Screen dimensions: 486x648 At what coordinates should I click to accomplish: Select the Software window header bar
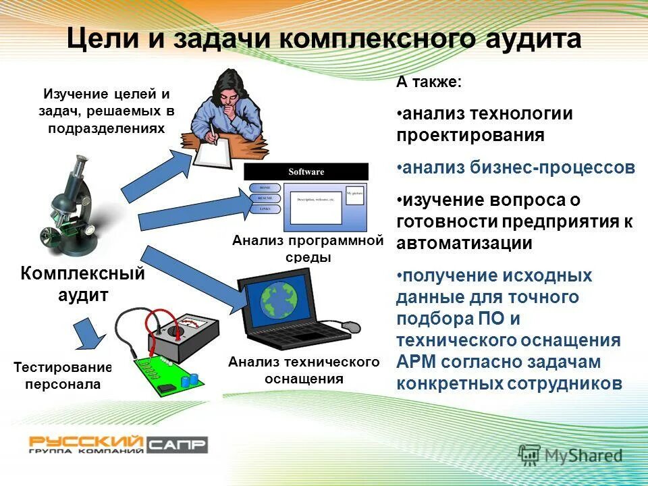point(306,171)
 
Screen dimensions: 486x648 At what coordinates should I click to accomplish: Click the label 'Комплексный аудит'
point(82,284)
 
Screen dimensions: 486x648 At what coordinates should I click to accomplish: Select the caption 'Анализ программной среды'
point(307,249)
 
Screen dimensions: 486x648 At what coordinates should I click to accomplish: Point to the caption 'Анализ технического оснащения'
point(304,371)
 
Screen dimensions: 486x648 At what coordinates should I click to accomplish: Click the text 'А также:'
point(429,82)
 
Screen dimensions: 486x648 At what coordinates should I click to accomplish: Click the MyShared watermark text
point(584,456)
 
